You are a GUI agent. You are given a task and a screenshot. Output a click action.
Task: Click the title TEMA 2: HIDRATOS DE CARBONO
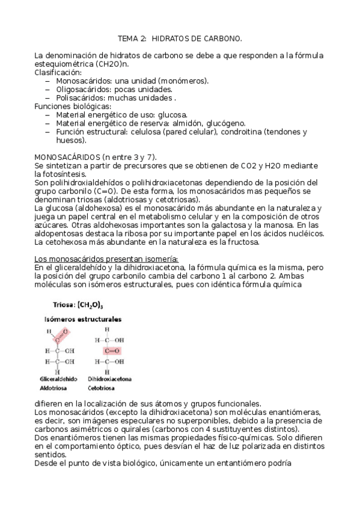coord(180,38)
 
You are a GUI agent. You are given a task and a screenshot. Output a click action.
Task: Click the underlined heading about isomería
coord(93,259)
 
